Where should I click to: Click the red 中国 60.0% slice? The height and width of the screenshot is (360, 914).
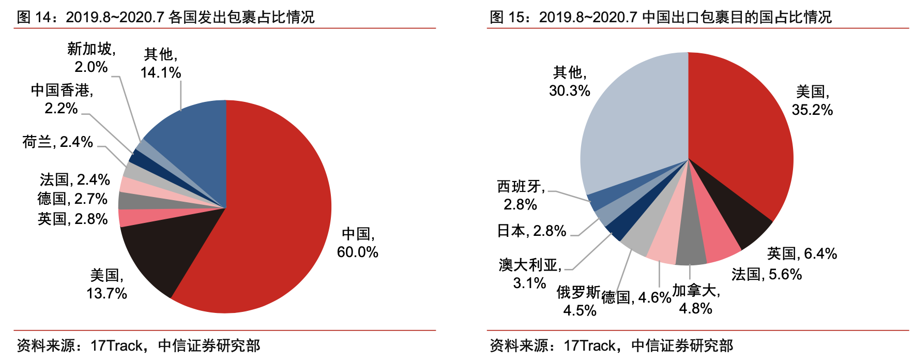(274, 217)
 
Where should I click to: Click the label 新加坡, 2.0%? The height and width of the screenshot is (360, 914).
(91, 58)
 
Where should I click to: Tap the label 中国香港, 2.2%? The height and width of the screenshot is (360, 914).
(62, 99)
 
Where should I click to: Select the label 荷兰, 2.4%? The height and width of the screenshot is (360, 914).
(57, 142)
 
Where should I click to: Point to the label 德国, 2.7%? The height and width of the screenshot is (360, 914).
(72, 199)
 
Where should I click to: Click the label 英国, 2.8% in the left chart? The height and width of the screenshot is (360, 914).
(72, 219)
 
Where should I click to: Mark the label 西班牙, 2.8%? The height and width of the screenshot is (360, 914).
(521, 195)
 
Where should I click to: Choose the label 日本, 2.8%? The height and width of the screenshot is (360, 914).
(531, 231)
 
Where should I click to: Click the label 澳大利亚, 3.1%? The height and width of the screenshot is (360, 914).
(529, 274)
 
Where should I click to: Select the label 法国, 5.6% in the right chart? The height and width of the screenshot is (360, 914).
(766, 274)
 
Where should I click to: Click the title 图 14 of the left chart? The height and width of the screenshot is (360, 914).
(165, 17)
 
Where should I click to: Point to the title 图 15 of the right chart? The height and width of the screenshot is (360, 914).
(660, 17)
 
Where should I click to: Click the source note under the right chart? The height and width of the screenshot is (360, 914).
(611, 345)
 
